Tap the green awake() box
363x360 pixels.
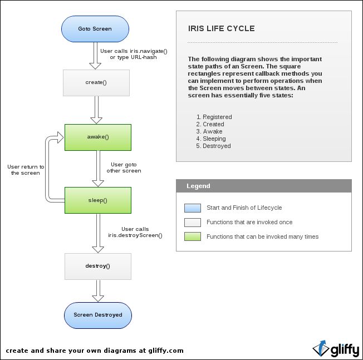[97, 137]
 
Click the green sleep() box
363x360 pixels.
[97, 200]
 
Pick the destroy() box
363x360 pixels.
[97, 266]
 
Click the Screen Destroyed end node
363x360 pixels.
[97, 315]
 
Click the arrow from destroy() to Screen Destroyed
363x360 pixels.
[97, 290]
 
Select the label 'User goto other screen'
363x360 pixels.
[124, 167]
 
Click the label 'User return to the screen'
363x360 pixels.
[26, 170]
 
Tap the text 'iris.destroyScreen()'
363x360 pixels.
[135, 235]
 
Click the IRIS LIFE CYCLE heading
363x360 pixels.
[222, 28]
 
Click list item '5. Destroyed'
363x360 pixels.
[213, 146]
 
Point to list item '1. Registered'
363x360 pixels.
[214, 117]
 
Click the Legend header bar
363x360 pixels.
[264, 186]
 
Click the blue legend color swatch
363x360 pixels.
[192, 208]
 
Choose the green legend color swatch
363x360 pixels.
[192, 236]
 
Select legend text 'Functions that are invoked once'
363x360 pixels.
[249, 222]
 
